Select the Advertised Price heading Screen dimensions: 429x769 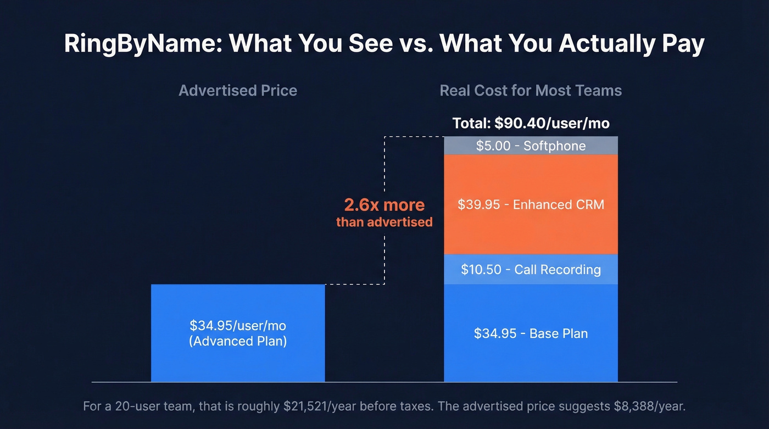click(x=238, y=91)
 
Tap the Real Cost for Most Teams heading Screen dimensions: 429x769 click(x=531, y=91)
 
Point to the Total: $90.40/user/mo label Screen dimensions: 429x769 click(x=531, y=123)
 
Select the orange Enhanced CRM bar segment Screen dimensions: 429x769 click(x=531, y=231)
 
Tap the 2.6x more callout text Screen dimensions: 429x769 click(x=384, y=205)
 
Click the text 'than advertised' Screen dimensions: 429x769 click(x=384, y=222)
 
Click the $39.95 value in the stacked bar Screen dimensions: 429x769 click(x=479, y=205)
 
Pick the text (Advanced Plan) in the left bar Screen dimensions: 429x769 click(x=238, y=341)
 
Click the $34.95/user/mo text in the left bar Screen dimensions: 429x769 click(x=238, y=326)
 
